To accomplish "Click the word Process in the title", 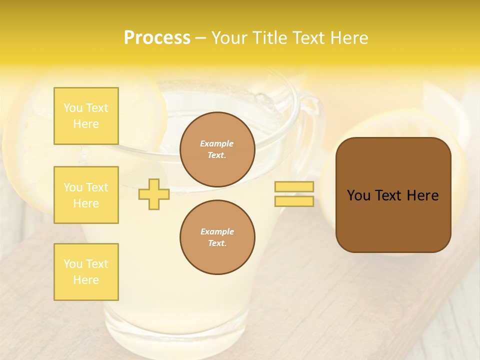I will [x=157, y=38].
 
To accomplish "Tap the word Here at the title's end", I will [x=350, y=38].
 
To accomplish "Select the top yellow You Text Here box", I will [x=86, y=116].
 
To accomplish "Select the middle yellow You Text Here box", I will [x=86, y=195].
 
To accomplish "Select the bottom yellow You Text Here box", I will [x=86, y=272].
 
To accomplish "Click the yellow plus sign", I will [x=154, y=194].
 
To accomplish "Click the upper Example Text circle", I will [x=217, y=149].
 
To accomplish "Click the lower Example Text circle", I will [x=217, y=237].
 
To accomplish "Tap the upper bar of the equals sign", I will [x=294, y=187].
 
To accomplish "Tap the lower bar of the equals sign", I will [x=294, y=201].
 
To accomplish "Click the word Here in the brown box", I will [x=422, y=195].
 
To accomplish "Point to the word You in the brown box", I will [x=358, y=195].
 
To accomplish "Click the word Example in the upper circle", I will [x=217, y=143].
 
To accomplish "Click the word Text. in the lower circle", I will [x=217, y=243].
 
